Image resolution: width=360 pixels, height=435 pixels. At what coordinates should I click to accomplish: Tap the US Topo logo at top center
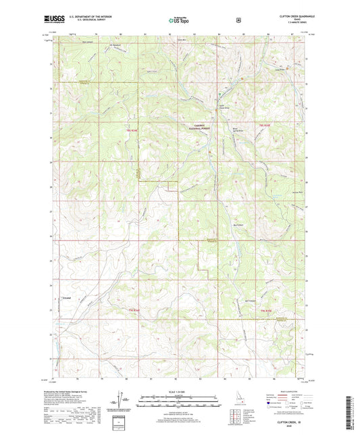click(179, 21)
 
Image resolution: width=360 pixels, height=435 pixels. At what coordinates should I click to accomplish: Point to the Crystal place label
click(68, 298)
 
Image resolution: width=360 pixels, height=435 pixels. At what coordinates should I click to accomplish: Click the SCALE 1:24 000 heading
click(180, 390)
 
